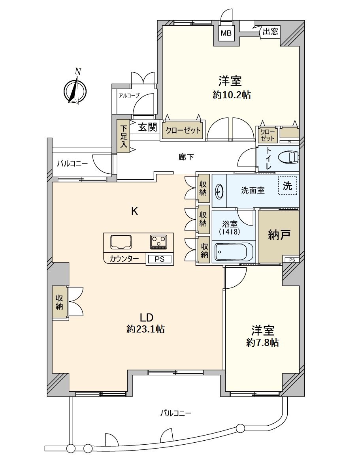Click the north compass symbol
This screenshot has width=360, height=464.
(75, 90)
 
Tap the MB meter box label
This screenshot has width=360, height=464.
(226, 33)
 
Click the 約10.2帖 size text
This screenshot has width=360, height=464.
(232, 95)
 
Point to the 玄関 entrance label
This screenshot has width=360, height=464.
(148, 127)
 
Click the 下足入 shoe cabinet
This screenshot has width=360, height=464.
(123, 136)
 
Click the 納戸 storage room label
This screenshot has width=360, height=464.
(279, 235)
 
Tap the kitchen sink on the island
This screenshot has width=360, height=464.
(121, 242)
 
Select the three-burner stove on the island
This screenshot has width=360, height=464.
(159, 242)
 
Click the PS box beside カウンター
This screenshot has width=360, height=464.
(160, 259)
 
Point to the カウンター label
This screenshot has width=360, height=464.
(124, 259)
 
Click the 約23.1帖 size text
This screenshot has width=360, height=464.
(146, 329)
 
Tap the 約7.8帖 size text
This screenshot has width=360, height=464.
(262, 342)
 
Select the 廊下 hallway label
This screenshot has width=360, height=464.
(186, 157)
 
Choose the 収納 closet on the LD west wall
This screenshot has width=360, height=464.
(60, 301)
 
